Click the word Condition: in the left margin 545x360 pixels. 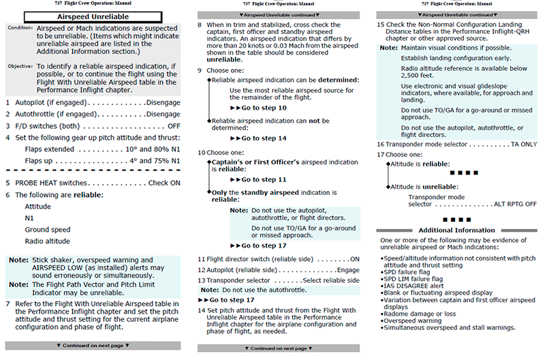(20, 29)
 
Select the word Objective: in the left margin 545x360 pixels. (20, 66)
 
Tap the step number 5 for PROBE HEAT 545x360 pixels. (8, 183)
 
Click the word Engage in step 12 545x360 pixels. (348, 270)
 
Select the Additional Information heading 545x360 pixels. (456, 230)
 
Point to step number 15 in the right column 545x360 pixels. (381, 24)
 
